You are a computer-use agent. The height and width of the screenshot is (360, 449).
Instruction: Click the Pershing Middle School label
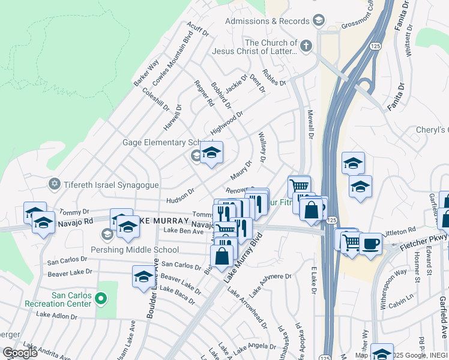point(134,250)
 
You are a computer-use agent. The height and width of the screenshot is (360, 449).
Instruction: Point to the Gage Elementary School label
point(159,143)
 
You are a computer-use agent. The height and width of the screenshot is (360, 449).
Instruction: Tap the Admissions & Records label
point(267,21)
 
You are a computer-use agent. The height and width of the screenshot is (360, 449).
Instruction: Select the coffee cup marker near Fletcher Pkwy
point(370,243)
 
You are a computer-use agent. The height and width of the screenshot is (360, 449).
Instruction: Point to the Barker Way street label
point(146,71)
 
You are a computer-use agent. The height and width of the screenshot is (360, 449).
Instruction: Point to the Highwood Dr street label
point(226,123)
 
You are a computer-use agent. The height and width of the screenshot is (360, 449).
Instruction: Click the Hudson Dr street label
point(181,192)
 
